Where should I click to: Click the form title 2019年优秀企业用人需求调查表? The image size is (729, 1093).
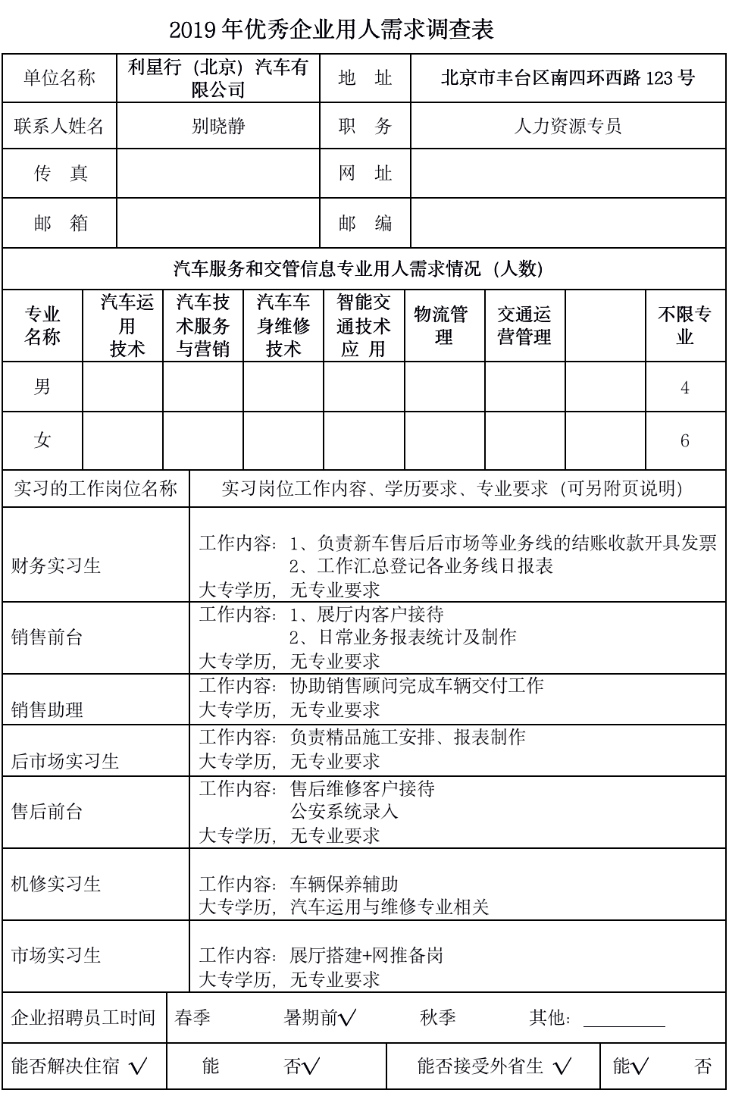click(x=331, y=30)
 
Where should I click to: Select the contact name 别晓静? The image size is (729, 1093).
click(x=218, y=126)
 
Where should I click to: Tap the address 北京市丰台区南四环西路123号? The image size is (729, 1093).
click(x=568, y=77)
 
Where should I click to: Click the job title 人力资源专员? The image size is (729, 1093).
click(x=568, y=126)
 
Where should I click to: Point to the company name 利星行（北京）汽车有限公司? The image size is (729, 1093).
click(x=218, y=78)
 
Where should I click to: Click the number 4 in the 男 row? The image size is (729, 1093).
click(x=685, y=388)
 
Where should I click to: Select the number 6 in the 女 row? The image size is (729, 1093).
click(x=685, y=440)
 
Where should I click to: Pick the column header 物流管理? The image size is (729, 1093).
click(x=444, y=325)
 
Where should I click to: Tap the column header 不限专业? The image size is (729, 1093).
click(x=685, y=325)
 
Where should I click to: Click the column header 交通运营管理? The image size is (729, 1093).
click(x=524, y=325)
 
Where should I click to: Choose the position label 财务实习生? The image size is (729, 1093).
click(x=56, y=565)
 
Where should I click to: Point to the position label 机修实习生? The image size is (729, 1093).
click(x=56, y=884)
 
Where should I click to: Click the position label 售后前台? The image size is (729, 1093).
click(x=47, y=812)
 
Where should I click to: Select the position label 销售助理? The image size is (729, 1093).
click(x=47, y=709)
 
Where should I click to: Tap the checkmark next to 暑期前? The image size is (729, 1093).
click(x=348, y=1018)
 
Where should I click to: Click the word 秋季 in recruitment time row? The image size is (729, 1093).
click(x=438, y=1017)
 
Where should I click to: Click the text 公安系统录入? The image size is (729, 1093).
click(x=344, y=811)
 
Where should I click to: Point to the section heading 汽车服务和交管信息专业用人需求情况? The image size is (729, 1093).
click(x=358, y=268)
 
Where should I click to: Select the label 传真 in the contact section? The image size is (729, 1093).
click(x=61, y=174)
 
